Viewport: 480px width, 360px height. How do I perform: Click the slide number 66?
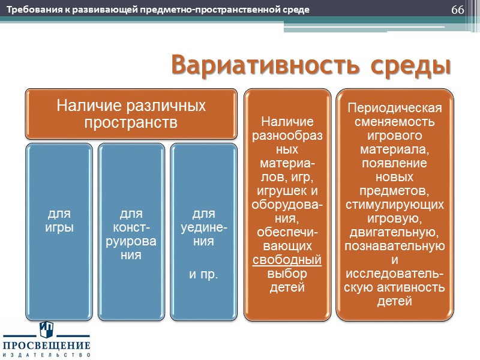(457, 11)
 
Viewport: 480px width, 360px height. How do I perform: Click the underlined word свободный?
(287, 260)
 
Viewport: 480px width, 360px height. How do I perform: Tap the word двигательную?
(395, 232)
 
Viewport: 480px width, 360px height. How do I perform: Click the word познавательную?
(395, 246)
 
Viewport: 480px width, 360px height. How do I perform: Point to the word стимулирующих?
(395, 205)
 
